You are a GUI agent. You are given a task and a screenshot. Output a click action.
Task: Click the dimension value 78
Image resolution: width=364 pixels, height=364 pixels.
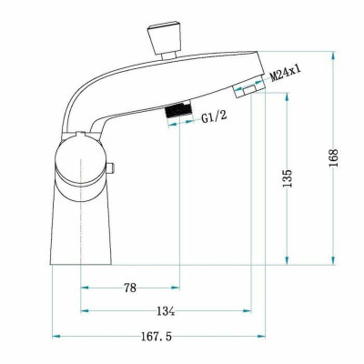(x=130, y=288)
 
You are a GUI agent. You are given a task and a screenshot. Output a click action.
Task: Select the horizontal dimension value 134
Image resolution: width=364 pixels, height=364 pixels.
(x=166, y=312)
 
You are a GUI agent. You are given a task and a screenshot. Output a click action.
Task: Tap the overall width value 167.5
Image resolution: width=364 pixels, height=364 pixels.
(x=157, y=336)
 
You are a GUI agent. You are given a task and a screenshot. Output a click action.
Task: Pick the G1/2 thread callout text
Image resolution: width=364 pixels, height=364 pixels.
(x=215, y=116)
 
